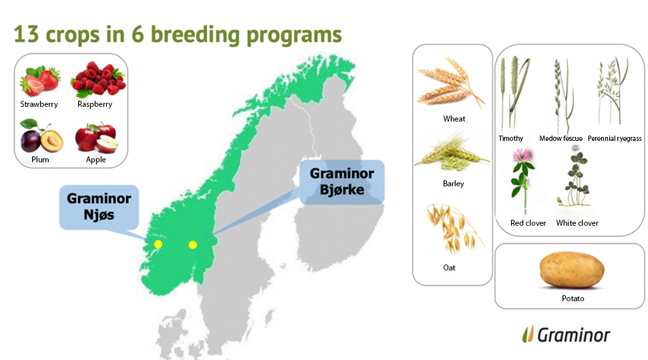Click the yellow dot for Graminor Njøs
(158, 244)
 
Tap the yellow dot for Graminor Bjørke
(192, 245)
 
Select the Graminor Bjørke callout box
(342, 182)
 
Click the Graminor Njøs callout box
(99, 207)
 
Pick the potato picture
(572, 271)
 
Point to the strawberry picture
(40, 80)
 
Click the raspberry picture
(98, 79)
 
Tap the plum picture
(41, 136)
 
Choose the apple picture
(97, 138)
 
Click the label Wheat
(454, 119)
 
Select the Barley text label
(454, 184)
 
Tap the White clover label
(577, 223)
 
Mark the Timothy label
(511, 138)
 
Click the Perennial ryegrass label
(615, 138)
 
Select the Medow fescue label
(560, 138)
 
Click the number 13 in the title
(27, 34)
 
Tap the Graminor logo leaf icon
(528, 334)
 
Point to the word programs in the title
(294, 35)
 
